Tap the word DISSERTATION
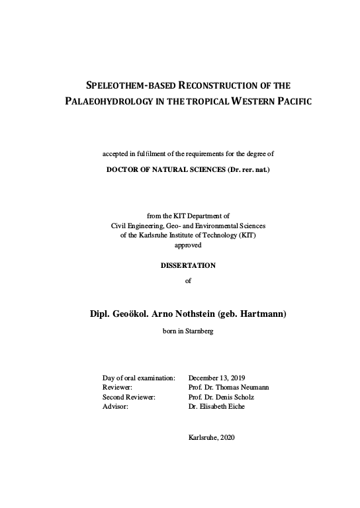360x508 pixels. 189,265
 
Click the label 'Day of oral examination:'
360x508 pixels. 138,376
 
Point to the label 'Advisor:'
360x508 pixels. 115,407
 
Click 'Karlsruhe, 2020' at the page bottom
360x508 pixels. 212,438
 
